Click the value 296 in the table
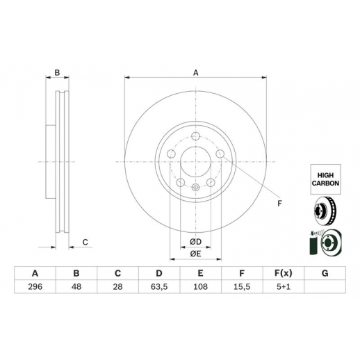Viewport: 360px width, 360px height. [x=35, y=287]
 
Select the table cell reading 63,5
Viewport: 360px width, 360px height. [x=159, y=287]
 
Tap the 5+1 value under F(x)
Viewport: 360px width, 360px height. [x=284, y=287]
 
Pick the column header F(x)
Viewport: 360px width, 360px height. [x=284, y=273]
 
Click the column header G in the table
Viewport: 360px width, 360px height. [x=325, y=273]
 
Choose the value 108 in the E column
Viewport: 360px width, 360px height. [x=200, y=287]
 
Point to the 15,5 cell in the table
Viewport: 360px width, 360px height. [x=242, y=287]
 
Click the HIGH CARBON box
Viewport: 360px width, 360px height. [x=325, y=179]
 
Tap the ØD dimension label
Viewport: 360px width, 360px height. [x=196, y=242]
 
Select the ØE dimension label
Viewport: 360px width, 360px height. [x=196, y=254]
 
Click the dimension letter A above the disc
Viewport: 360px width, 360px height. [x=196, y=73]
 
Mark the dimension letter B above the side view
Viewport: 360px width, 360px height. [x=57, y=73]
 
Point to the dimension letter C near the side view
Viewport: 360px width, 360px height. [x=85, y=243]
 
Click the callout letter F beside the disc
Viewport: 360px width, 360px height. [x=279, y=204]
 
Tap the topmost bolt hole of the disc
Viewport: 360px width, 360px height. [x=196, y=136]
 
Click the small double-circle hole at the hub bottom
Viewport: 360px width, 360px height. [x=196, y=187]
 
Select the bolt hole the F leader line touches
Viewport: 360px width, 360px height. [x=220, y=154]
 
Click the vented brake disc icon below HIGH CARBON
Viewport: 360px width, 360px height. [x=325, y=211]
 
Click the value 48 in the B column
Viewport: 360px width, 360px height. [x=76, y=287]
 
